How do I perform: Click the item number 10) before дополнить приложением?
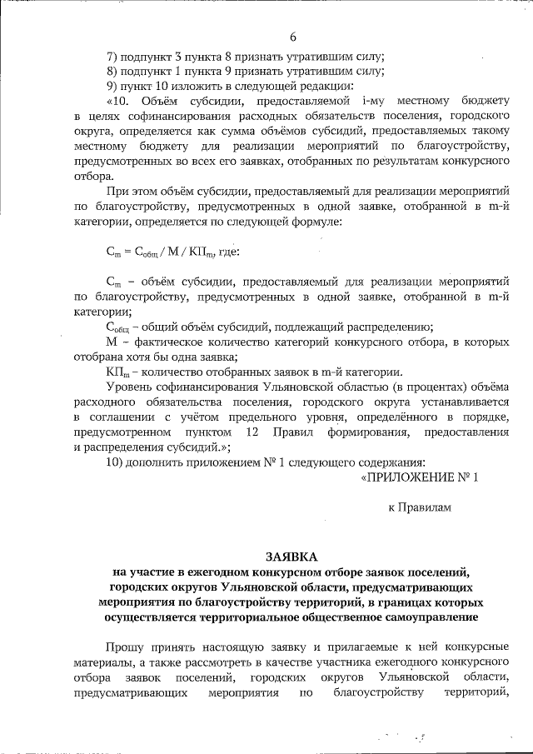tap(117, 462)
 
